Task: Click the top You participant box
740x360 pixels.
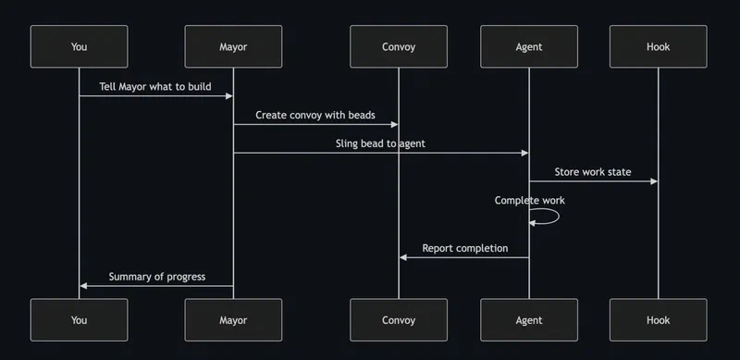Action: pos(79,46)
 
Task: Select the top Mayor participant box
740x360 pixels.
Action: pos(233,46)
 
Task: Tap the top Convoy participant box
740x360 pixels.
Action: pos(399,46)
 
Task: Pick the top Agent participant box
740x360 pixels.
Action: pos(529,46)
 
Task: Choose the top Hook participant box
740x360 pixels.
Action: pos(659,46)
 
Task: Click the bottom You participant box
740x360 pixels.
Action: pos(79,320)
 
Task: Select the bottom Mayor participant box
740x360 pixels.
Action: pos(233,320)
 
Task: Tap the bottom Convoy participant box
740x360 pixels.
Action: pos(399,320)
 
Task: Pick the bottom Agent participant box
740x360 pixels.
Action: pos(529,320)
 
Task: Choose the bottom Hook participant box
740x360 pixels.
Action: pos(659,320)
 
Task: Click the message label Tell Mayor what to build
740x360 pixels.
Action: pos(155,87)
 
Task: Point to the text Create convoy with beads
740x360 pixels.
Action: pos(315,116)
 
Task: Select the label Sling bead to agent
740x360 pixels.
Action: pos(380,143)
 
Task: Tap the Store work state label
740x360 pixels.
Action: pos(593,172)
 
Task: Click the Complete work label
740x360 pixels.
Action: pos(529,200)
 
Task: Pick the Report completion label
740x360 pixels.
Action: pos(464,248)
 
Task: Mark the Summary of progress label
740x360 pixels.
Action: pos(156,277)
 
